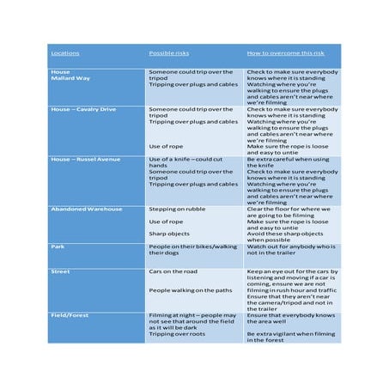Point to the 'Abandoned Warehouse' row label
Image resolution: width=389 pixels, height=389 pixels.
[87, 209]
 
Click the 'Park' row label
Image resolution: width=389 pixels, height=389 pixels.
[58, 246]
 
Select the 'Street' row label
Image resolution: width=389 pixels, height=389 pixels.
[61, 271]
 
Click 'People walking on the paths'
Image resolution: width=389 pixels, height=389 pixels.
[192, 290]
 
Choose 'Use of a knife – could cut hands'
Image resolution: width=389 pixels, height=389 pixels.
[190, 162]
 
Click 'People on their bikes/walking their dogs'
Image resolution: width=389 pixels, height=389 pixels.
[193, 250]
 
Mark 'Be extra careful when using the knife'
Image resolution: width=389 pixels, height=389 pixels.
[289, 162]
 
